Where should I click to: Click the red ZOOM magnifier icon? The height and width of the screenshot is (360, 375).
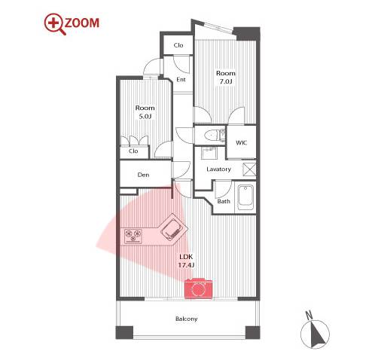pos(55,24)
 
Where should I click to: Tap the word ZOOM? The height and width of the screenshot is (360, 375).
pos(82,23)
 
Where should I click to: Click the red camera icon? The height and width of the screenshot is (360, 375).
pos(199,288)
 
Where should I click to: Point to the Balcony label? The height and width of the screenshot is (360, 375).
pos(186,319)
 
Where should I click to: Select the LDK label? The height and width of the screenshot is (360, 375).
pos(186,257)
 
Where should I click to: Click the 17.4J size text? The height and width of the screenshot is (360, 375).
pos(186,265)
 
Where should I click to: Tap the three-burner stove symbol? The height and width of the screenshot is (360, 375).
pos(133,236)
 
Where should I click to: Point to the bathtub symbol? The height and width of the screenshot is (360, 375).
pos(245,198)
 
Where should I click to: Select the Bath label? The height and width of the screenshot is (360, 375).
pos(224,201)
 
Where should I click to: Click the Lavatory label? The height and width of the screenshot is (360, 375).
pos(218,169)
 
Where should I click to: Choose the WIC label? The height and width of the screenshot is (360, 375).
pos(241,143)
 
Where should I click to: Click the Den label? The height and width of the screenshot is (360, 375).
pos(143,175)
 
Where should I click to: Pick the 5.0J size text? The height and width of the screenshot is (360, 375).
pos(145,116)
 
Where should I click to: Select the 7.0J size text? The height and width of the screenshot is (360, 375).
pos(226,81)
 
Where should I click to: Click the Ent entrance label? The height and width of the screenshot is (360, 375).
pos(181,80)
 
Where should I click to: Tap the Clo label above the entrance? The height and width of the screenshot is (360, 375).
pos(178,45)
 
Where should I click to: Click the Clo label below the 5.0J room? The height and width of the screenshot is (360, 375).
pos(133,151)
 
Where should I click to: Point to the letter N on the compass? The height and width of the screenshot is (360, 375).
pos(309,315)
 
